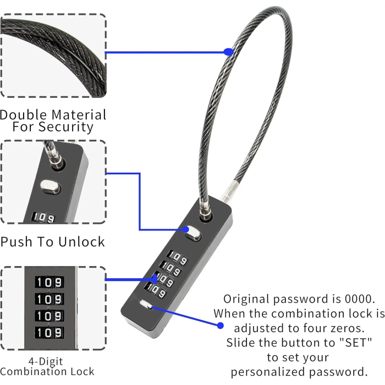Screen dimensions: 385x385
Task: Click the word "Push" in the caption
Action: [x=17, y=242]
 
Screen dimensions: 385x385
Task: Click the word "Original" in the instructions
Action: [x=246, y=299]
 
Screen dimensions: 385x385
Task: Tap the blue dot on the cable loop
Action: [x=228, y=52]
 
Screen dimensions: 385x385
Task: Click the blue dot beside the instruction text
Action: [x=220, y=326]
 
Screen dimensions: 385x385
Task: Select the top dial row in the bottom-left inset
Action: [x=50, y=282]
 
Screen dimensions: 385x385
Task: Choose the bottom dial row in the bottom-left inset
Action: [x=50, y=333]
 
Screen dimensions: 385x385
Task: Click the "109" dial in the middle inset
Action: [x=43, y=218]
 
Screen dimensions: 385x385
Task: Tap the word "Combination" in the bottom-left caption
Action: [x=32, y=372]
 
